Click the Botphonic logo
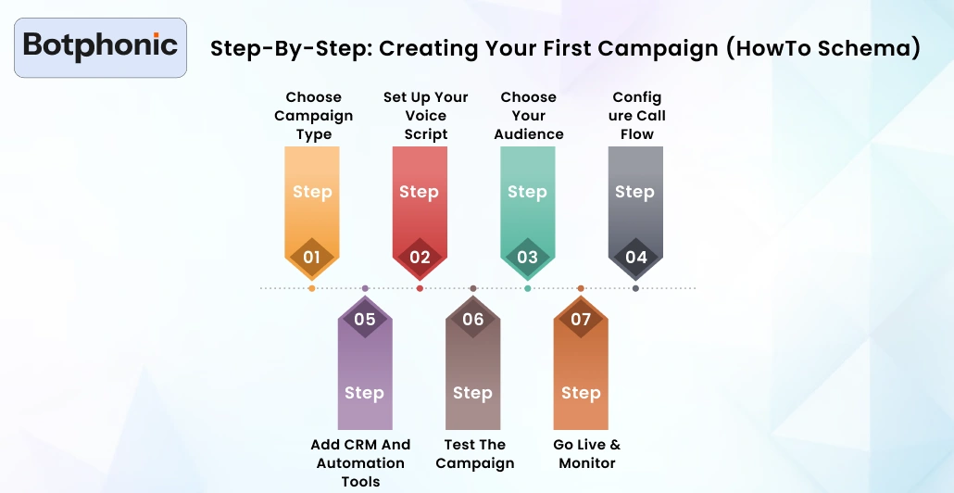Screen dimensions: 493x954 tap(100, 46)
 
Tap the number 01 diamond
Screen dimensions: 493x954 tap(311, 257)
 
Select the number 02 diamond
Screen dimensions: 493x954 tap(420, 257)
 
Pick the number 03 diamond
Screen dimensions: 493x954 tap(527, 257)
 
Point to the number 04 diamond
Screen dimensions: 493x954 tap(635, 257)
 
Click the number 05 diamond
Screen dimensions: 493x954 tap(365, 320)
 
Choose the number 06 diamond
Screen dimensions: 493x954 tap(472, 320)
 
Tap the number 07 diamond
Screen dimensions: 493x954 tap(581, 320)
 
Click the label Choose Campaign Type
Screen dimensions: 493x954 tap(313, 116)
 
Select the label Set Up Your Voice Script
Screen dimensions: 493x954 tap(425, 116)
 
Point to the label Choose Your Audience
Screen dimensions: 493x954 tap(528, 116)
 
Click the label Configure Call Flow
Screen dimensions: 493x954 tap(637, 116)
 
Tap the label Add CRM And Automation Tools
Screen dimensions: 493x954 tap(360, 462)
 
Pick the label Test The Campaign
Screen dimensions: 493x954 tap(474, 454)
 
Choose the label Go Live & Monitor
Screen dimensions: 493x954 tap(587, 454)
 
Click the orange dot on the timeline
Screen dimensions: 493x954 tap(311, 288)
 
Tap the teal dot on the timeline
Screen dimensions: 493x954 tap(527, 288)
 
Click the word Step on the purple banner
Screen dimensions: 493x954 tap(364, 393)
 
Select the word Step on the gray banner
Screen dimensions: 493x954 tap(634, 192)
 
